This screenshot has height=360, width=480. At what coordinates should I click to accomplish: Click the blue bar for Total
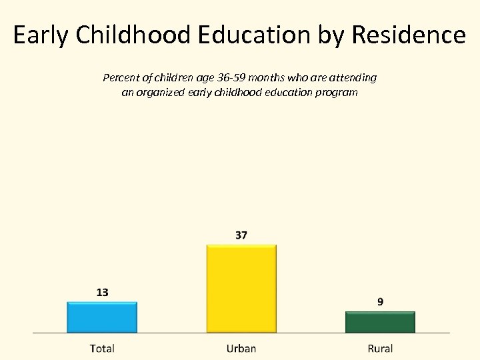[x=102, y=317]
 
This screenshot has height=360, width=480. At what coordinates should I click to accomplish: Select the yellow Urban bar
[x=241, y=289]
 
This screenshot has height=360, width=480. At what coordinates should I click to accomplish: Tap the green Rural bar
[x=380, y=322]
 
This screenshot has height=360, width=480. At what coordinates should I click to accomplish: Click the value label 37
[x=241, y=235]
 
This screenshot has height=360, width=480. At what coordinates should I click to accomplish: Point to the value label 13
[x=102, y=292]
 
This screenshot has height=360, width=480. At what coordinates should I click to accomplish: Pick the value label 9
[x=380, y=302]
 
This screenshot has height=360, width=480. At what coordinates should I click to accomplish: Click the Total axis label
[x=102, y=348]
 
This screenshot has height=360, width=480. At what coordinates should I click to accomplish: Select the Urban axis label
[x=241, y=348]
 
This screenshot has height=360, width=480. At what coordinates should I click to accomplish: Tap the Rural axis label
[x=380, y=348]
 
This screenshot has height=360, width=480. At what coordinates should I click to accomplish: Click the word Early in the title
[x=40, y=35]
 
